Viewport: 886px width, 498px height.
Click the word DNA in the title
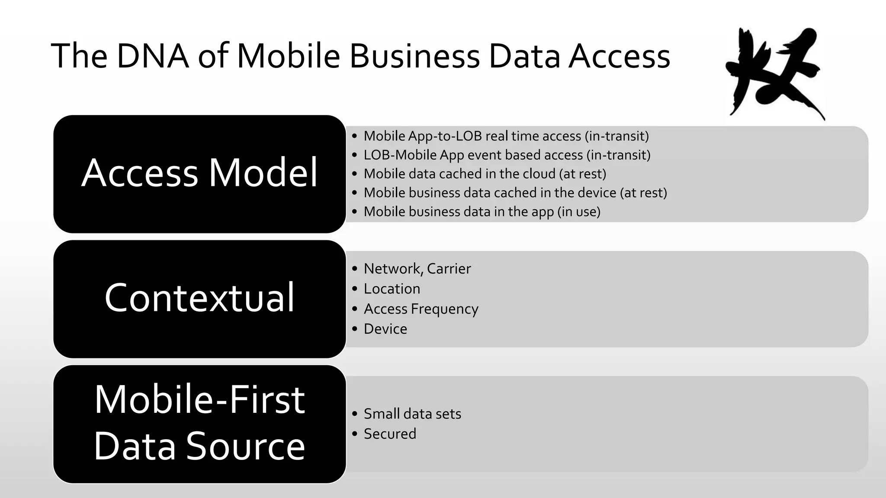(152, 56)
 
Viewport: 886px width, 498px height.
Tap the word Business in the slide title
(414, 56)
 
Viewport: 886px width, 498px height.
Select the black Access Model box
(199, 174)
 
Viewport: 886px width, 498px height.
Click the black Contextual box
(199, 299)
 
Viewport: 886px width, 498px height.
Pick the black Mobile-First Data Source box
(199, 424)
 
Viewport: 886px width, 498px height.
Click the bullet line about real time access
(506, 136)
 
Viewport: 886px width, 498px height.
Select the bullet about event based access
(507, 155)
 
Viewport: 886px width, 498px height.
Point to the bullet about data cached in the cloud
(485, 174)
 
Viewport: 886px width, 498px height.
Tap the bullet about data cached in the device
(515, 193)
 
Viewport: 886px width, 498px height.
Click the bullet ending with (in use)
(482, 212)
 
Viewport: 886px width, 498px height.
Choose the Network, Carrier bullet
(417, 269)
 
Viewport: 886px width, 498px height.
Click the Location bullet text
(392, 289)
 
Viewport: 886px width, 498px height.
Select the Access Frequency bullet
(421, 309)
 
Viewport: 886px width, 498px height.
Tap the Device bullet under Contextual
(385, 329)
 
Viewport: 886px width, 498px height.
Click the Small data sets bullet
(412, 414)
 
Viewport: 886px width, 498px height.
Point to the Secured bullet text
(389, 434)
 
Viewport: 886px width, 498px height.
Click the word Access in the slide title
(619, 56)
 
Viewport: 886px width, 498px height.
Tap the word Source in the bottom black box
(246, 446)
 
